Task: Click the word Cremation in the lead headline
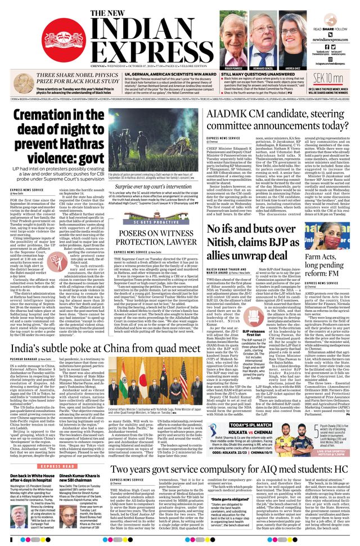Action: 47,118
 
